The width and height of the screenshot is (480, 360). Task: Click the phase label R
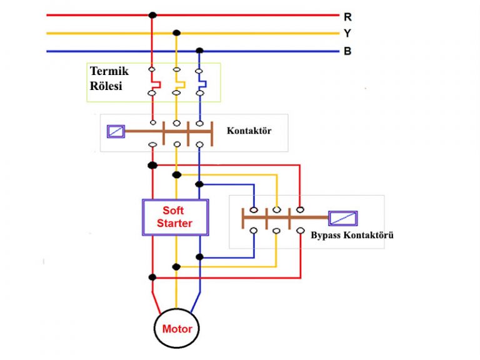point(347,17)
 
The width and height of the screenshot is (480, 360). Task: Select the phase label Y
point(347,34)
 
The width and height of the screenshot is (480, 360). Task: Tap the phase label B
point(347,51)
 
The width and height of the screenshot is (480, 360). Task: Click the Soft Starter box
point(174,217)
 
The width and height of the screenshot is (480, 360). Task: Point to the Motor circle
point(177,329)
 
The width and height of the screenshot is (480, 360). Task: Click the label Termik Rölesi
point(109,79)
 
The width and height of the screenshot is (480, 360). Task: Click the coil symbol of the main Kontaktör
point(116,131)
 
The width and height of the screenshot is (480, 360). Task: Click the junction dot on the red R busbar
point(152,14)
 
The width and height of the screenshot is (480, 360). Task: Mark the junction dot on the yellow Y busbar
point(177,32)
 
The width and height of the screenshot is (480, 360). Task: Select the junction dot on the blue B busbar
point(199,50)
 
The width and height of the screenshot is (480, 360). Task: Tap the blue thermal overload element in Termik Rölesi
point(201,82)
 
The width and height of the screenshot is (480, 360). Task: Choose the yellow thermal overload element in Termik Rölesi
point(179,82)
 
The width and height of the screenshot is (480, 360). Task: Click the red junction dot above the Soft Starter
point(152,166)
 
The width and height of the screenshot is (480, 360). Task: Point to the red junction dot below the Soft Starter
point(152,277)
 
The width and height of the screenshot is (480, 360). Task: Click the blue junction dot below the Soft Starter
point(199,257)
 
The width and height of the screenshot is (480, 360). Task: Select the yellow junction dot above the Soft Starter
point(177,174)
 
